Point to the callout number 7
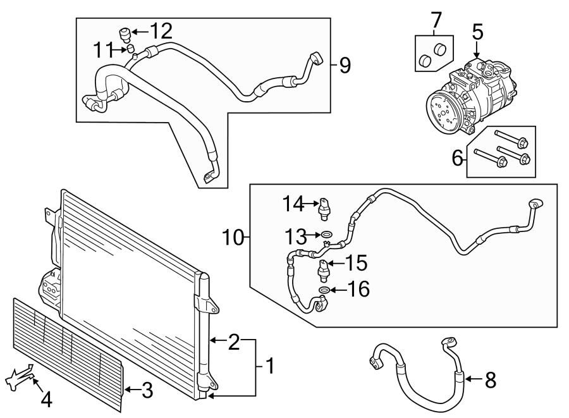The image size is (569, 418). pos(436,20)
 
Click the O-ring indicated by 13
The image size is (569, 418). pos(325,236)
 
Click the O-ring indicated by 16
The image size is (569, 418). pos(323,290)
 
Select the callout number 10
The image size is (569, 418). pos(234,239)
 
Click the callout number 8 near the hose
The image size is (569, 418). pos(490,380)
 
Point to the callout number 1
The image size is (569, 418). pos(269,366)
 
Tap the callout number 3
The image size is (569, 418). pos(146,390)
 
